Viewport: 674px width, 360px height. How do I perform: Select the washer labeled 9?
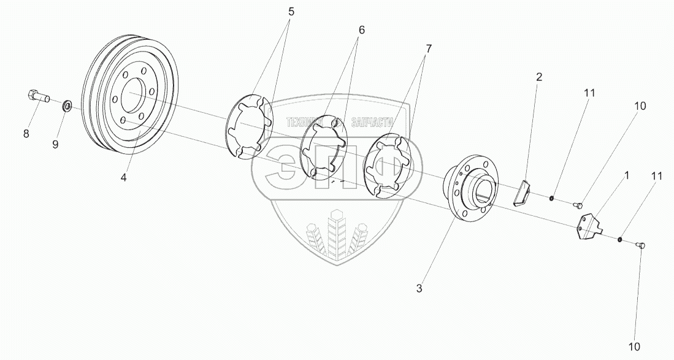(67, 108)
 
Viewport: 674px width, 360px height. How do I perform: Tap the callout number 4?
(124, 178)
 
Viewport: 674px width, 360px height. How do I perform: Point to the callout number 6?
(362, 30)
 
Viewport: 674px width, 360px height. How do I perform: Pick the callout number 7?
(427, 47)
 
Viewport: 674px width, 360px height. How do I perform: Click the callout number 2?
(539, 77)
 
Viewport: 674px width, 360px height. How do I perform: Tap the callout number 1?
(626, 176)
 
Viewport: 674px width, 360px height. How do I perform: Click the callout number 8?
(26, 134)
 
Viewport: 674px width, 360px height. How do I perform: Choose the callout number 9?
(55, 145)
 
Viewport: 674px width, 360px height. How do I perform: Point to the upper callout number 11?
(589, 93)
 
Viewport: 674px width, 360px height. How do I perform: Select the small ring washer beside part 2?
(552, 198)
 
